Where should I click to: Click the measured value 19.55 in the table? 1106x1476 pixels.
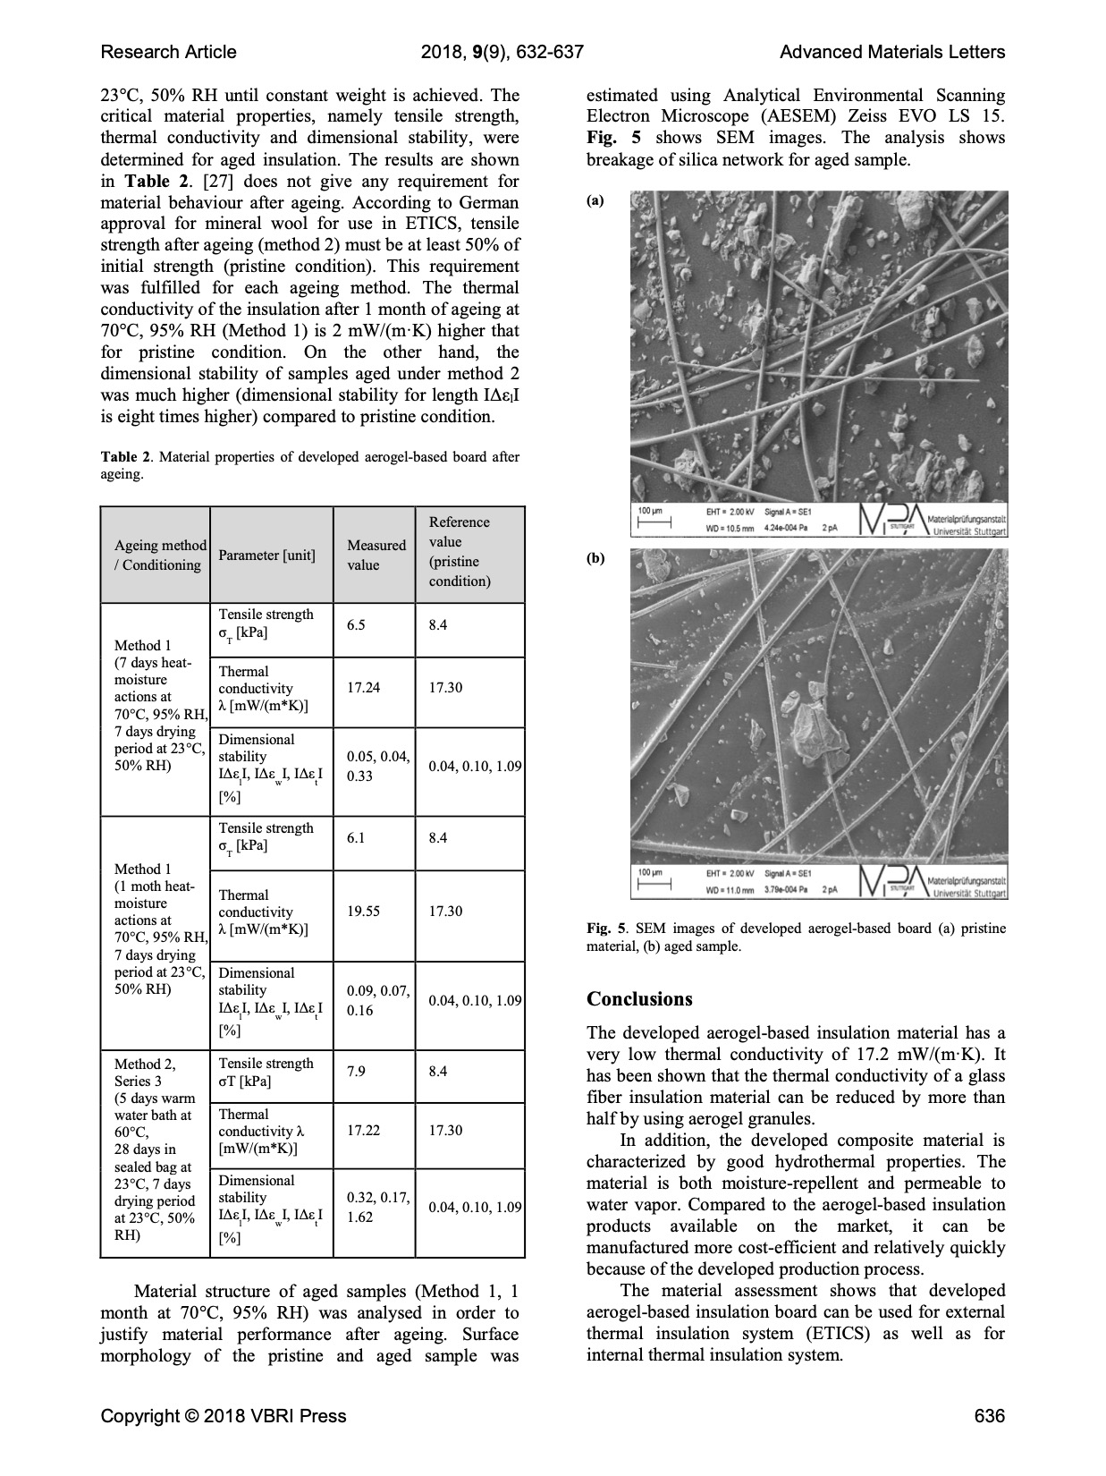click(x=363, y=912)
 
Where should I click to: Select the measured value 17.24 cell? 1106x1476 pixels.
click(x=363, y=688)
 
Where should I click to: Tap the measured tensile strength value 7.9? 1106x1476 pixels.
click(x=356, y=1072)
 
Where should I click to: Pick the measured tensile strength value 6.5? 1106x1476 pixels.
click(x=356, y=625)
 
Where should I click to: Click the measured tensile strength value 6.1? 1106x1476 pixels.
click(x=356, y=838)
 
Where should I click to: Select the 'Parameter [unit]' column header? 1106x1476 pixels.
click(x=266, y=556)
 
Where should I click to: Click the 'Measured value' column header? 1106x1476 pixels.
click(x=376, y=555)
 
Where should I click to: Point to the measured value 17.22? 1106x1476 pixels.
click(x=363, y=1131)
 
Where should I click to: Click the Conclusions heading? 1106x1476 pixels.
click(x=639, y=999)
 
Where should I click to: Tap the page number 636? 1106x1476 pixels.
click(x=990, y=1416)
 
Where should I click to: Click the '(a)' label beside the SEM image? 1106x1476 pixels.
click(x=595, y=201)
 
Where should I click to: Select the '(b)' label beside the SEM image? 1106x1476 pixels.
click(x=595, y=559)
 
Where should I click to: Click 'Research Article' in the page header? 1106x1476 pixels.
click(x=169, y=52)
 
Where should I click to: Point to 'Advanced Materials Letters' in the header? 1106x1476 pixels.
click(x=892, y=52)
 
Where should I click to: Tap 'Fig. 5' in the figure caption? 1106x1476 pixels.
click(x=606, y=929)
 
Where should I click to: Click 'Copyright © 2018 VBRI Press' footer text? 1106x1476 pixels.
click(x=224, y=1416)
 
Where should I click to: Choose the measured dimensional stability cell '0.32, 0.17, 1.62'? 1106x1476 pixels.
click(x=377, y=1208)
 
